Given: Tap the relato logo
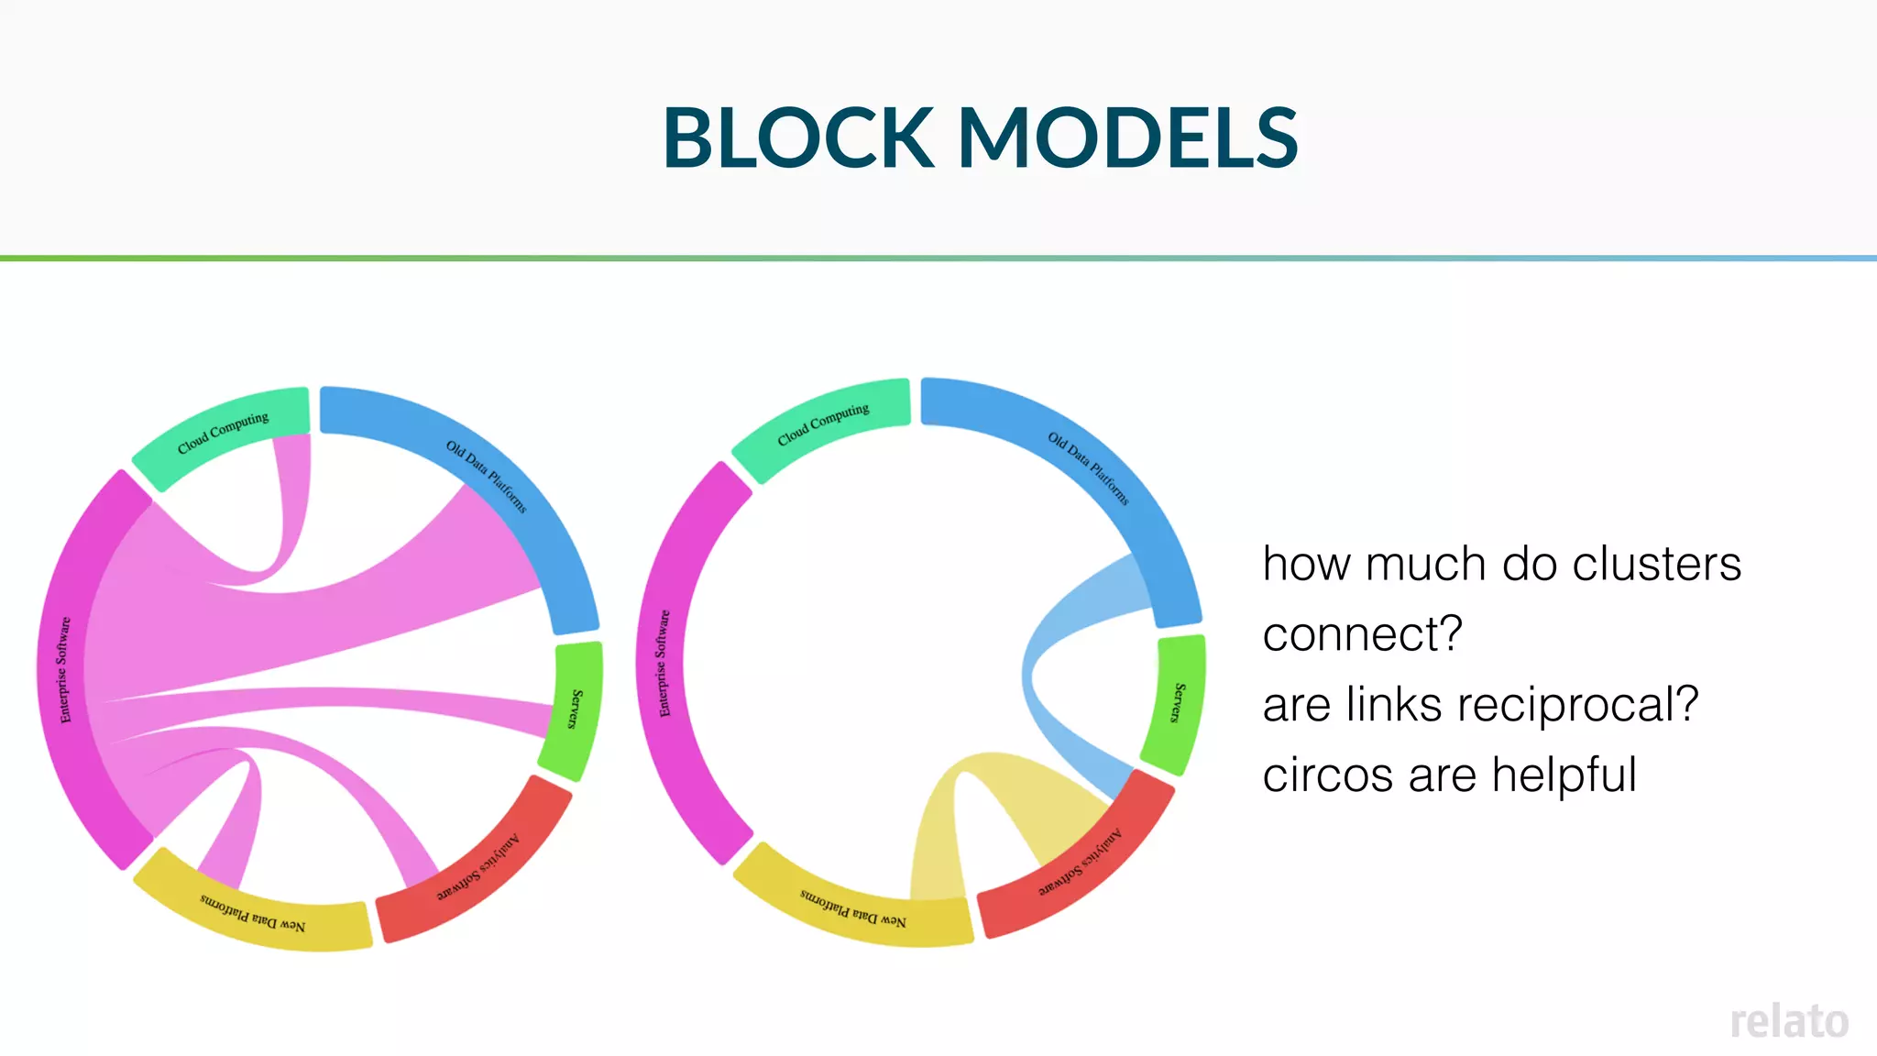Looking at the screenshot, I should pyautogui.click(x=1788, y=1021).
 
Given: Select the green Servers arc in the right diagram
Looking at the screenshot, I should pyautogui.click(x=1175, y=703).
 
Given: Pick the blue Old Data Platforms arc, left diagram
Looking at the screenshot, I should pyautogui.click(x=486, y=477).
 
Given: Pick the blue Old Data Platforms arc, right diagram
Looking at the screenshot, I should pyautogui.click(x=1088, y=467).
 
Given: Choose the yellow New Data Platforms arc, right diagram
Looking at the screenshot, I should pyautogui.click(x=853, y=907).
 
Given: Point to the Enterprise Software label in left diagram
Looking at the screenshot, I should pyautogui.click(x=64, y=669).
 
